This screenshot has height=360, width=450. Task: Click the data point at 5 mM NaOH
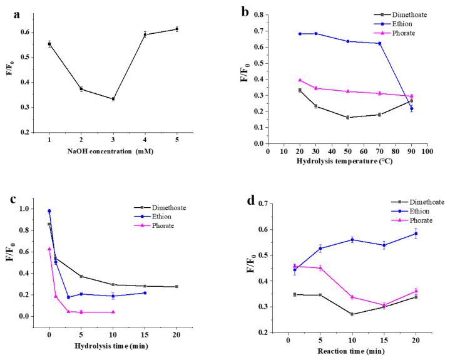(176, 29)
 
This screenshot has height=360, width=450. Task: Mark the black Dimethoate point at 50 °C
(347, 117)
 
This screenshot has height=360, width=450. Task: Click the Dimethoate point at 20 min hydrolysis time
(176, 287)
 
